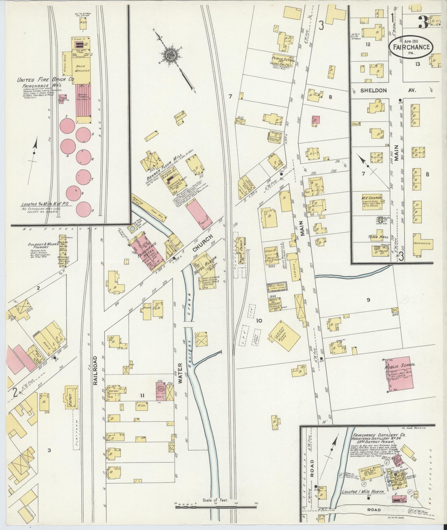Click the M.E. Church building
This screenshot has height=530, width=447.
coord(372,204)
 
